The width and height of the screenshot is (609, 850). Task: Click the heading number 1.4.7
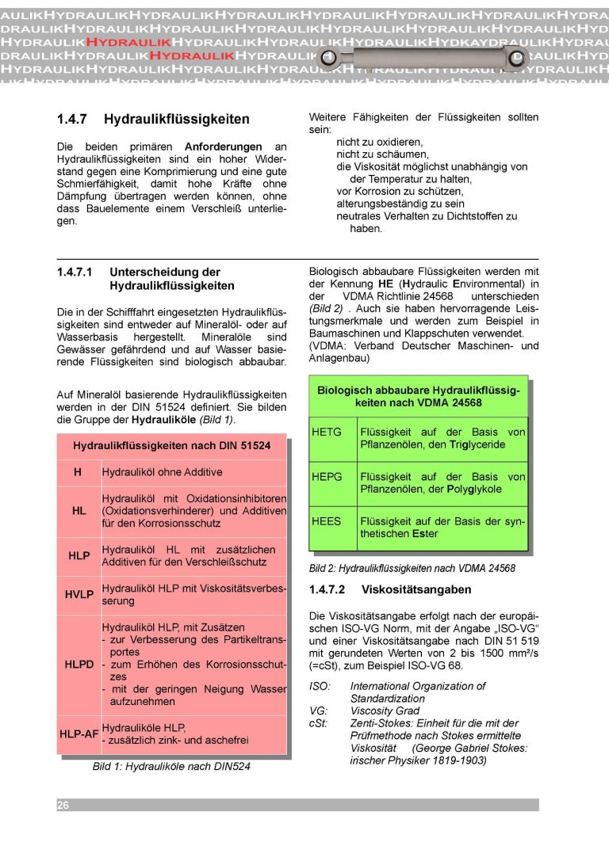point(73,120)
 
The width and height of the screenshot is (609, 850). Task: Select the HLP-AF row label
point(79,734)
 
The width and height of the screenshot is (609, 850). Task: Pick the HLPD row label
point(79,665)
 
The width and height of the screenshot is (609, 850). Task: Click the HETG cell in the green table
point(327,433)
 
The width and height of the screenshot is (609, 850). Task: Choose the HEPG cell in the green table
point(327,477)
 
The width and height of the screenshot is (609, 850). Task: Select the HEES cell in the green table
point(327,521)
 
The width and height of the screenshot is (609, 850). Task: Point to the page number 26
point(63,805)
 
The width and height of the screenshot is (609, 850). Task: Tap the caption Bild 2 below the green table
point(412,568)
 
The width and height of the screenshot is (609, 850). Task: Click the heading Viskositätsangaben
point(416,589)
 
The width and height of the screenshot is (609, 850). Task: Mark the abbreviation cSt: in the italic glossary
point(319,723)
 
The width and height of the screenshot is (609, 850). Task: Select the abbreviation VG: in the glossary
point(318,711)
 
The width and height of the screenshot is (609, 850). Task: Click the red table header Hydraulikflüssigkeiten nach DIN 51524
point(171,446)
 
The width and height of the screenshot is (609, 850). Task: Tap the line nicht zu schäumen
point(382,154)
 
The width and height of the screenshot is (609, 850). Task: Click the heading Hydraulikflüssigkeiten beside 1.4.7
point(177,120)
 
